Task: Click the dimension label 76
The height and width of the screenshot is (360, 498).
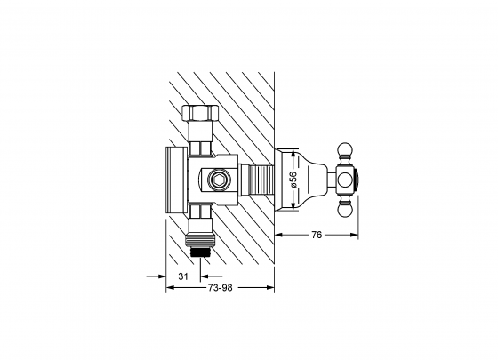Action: click(x=317, y=235)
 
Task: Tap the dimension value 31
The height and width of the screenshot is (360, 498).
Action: click(x=183, y=276)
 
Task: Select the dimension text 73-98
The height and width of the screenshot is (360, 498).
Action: click(x=221, y=288)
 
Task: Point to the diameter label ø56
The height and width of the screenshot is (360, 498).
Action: click(x=293, y=180)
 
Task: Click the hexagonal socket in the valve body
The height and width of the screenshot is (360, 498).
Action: click(x=219, y=180)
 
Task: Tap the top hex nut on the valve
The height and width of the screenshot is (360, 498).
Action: click(x=200, y=112)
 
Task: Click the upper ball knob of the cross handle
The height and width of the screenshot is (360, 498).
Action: click(x=345, y=151)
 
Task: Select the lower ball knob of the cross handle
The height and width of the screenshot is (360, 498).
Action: click(x=345, y=209)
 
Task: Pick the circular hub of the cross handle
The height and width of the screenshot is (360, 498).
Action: click(x=345, y=180)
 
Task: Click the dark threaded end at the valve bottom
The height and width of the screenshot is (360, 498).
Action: click(x=200, y=251)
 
